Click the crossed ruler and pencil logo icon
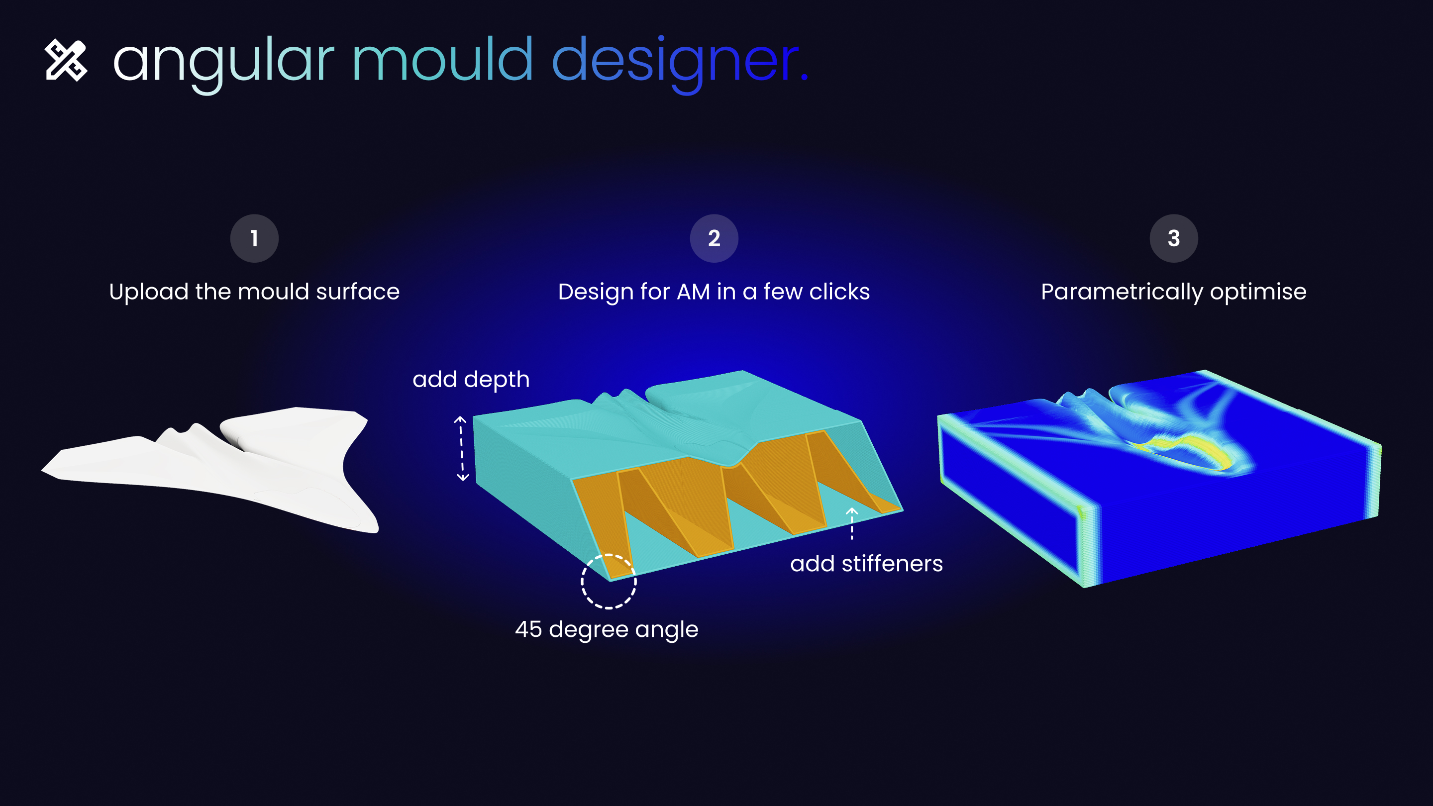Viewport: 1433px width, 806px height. pyautogui.click(x=66, y=60)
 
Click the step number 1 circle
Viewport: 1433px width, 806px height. pyautogui.click(x=254, y=238)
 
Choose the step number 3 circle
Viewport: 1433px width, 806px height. pyautogui.click(x=1174, y=238)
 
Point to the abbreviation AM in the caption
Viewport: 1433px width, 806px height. pyautogui.click(x=694, y=292)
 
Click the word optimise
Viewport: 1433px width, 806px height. pyautogui.click(x=1258, y=292)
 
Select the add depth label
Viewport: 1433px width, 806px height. pyautogui.click(x=471, y=380)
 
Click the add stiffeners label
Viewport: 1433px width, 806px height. pyautogui.click(x=867, y=564)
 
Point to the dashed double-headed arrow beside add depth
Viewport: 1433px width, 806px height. pyautogui.click(x=462, y=448)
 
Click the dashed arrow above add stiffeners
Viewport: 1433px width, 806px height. pyautogui.click(x=852, y=523)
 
